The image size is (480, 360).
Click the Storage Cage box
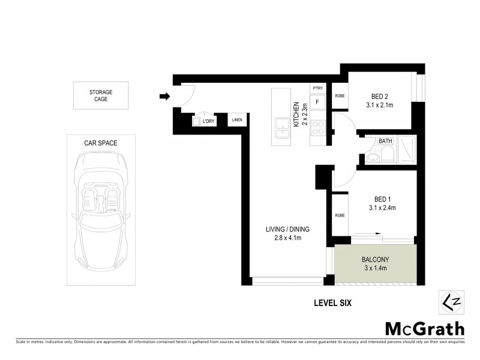[x=101, y=95]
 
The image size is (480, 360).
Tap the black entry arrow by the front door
[x=164, y=95]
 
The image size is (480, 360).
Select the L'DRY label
[x=209, y=122]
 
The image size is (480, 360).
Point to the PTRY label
[x=318, y=89]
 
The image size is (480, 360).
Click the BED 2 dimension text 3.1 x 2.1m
[x=380, y=105]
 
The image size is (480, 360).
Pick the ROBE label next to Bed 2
[x=340, y=96]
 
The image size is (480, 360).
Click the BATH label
[x=385, y=142]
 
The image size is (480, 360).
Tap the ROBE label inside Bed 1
[x=340, y=215]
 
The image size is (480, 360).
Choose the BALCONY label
[x=376, y=259]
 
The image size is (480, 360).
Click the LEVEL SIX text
[x=332, y=304]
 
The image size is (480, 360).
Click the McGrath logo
[x=424, y=328]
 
